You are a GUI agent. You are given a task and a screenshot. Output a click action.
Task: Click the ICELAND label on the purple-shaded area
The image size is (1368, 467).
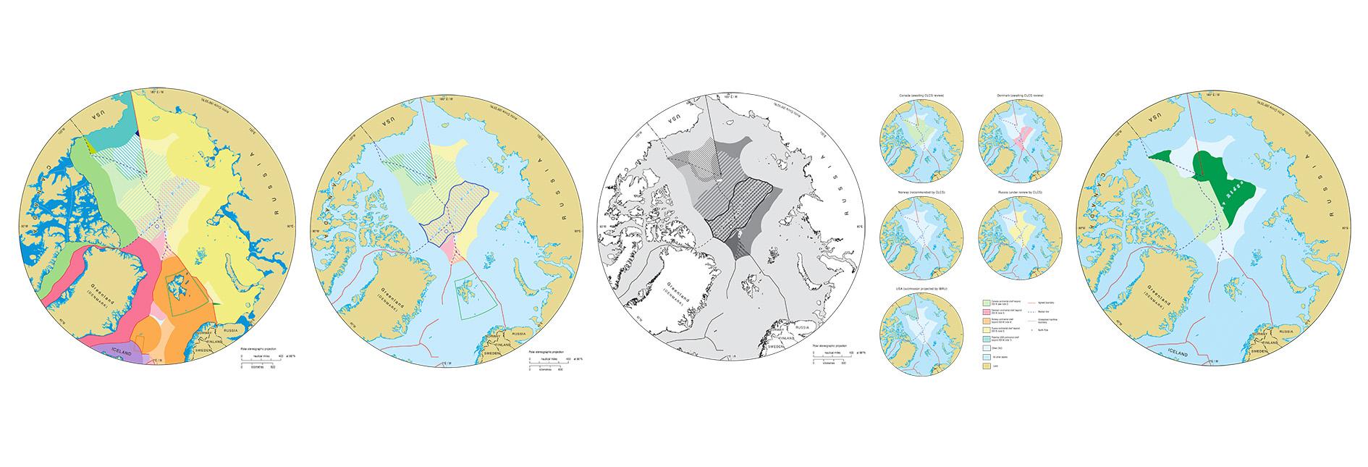[122, 352]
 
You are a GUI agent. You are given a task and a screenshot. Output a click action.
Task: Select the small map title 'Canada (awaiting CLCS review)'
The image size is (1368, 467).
[921, 96]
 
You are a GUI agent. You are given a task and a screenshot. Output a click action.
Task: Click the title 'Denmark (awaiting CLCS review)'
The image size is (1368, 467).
[1020, 96]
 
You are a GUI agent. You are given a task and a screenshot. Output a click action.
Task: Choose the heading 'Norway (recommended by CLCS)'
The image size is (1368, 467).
[921, 193]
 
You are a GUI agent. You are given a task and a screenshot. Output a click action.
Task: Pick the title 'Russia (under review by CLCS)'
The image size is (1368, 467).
[1020, 193]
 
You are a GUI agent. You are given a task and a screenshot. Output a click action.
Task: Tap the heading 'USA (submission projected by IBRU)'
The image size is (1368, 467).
[921, 289]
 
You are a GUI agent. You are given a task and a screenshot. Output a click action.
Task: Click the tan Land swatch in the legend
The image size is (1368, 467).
[987, 366]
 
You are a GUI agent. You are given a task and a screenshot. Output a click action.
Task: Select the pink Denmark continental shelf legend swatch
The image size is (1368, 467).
[987, 311]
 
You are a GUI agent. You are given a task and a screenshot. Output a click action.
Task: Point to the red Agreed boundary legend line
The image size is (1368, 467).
[1031, 303]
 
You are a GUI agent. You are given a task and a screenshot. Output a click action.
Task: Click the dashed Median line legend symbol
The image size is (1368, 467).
[1031, 311]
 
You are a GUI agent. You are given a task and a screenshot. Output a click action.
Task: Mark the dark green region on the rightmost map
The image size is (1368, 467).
[1223, 181]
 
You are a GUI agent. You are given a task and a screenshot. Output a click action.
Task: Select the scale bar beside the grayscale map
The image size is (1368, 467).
[828, 358]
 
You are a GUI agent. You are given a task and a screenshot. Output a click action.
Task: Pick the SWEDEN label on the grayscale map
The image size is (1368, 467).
[776, 347]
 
